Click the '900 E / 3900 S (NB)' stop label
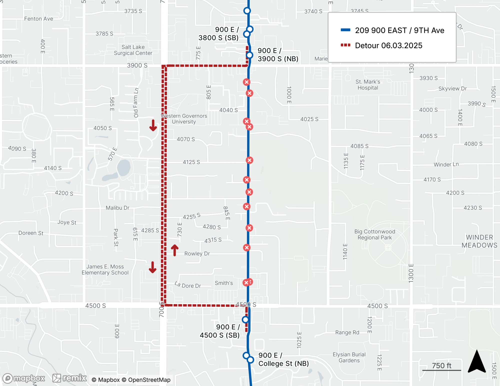point(278,55)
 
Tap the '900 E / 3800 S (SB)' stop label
point(219,34)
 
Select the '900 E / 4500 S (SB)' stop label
point(220,331)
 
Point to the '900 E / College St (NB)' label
point(283,360)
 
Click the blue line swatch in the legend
point(345,30)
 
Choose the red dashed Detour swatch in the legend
point(345,45)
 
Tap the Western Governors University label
point(184,119)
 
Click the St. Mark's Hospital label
point(367,85)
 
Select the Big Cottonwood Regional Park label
point(374,235)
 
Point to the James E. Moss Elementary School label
point(105,270)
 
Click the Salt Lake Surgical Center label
point(133,50)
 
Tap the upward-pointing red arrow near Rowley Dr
point(174,250)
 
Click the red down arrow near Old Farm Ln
point(153,125)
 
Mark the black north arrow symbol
point(477,362)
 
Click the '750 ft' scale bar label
point(441,366)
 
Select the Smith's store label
point(224,283)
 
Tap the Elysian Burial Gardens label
point(349,358)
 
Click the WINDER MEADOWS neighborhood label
point(479,241)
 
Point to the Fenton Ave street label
point(38,19)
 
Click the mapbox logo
point(24,378)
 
